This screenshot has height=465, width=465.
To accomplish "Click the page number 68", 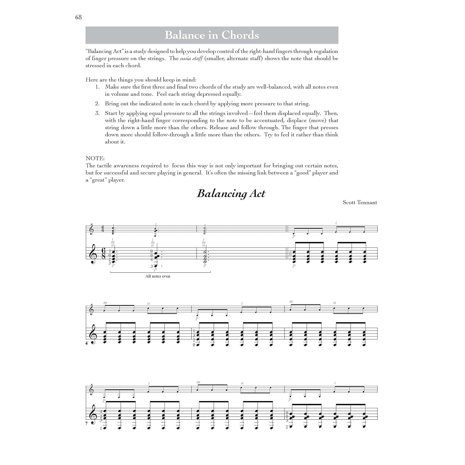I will point(78,17).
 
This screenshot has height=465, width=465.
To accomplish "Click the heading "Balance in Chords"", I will point(212,35).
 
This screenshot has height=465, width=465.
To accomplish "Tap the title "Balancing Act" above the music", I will point(231,194).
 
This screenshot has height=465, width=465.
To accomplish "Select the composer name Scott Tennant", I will point(360,202).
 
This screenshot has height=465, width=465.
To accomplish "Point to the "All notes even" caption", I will point(158,276).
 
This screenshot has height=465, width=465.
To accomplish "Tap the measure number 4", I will point(87,343).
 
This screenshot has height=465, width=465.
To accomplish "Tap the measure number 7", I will point(87,423).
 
